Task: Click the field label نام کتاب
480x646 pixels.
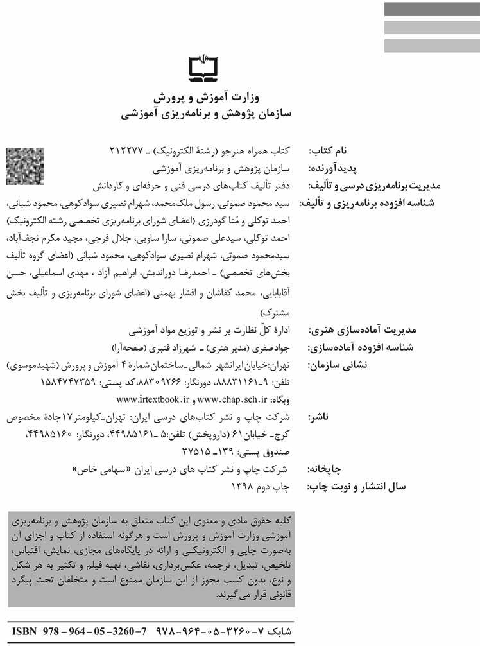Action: pyautogui.click(x=327, y=152)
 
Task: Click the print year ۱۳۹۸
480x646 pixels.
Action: pyautogui.click(x=244, y=487)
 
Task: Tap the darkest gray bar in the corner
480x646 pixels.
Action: pyautogui.click(x=431, y=10)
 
